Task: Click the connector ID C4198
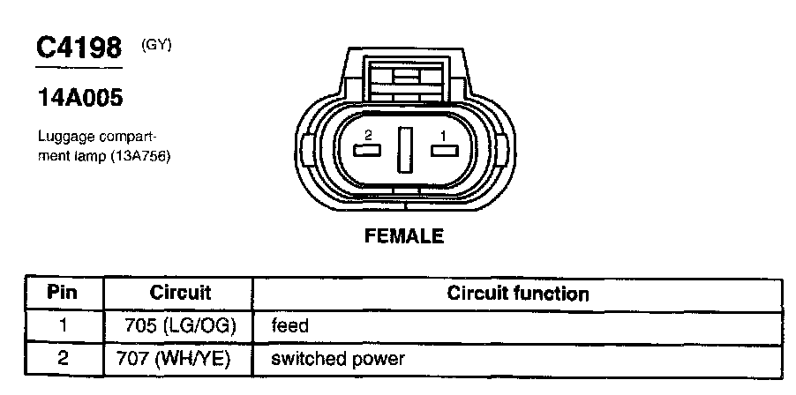pyautogui.click(x=78, y=48)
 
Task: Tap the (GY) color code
pyautogui.click(x=156, y=44)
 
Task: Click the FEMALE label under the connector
pyautogui.click(x=405, y=236)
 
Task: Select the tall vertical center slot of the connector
pyautogui.click(x=405, y=149)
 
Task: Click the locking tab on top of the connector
pyautogui.click(x=405, y=74)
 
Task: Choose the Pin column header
pyautogui.click(x=63, y=292)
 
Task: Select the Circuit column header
pyautogui.click(x=179, y=292)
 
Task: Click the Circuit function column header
pyautogui.click(x=518, y=292)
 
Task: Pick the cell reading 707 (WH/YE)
pyautogui.click(x=178, y=359)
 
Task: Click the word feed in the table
pyautogui.click(x=290, y=325)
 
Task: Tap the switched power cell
pyautogui.click(x=338, y=359)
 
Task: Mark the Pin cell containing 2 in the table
pyautogui.click(x=63, y=359)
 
